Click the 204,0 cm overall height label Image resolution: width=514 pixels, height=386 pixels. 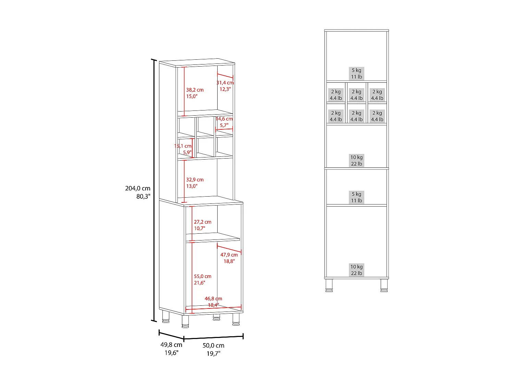pyautogui.click(x=138, y=188)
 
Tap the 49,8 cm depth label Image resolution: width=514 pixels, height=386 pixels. pyautogui.click(x=171, y=345)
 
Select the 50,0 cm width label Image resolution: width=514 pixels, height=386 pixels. pyautogui.click(x=213, y=346)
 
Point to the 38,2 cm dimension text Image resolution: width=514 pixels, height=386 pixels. pyautogui.click(x=195, y=90)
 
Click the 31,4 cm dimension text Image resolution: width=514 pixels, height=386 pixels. pyautogui.click(x=225, y=83)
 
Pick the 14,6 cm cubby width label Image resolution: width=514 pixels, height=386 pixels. pyautogui.click(x=224, y=119)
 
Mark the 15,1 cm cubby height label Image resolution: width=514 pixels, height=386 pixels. pyautogui.click(x=183, y=146)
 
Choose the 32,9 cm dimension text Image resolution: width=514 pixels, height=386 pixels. pyautogui.click(x=195, y=180)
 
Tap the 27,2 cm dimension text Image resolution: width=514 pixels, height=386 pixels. pyautogui.click(x=203, y=222)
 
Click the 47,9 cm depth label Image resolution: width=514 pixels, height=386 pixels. pyautogui.click(x=229, y=255)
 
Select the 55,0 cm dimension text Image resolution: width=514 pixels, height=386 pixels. pyautogui.click(x=203, y=276)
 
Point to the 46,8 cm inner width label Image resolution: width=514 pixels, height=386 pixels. pyautogui.click(x=213, y=299)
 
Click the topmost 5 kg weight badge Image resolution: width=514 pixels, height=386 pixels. pyautogui.click(x=356, y=73)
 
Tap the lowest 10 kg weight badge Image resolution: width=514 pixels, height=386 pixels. pyautogui.click(x=356, y=270)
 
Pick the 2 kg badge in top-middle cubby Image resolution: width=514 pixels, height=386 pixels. pyautogui.click(x=356, y=95)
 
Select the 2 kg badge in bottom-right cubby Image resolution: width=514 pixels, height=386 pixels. pyautogui.click(x=377, y=116)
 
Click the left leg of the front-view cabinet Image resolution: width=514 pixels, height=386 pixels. pyautogui.click(x=329, y=285)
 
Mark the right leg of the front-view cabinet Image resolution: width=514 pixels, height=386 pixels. pyautogui.click(x=384, y=285)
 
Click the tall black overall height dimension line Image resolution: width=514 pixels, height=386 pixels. pyautogui.click(x=154, y=190)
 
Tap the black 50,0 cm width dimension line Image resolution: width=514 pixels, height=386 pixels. pyautogui.click(x=213, y=338)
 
